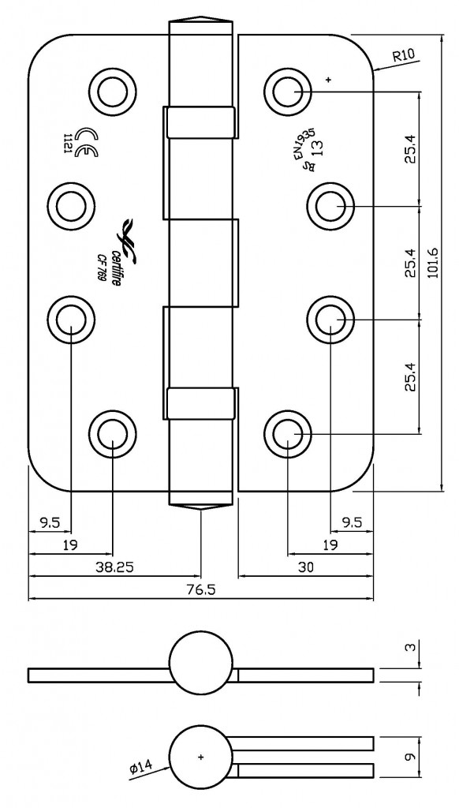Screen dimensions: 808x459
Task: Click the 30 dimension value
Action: pyautogui.click(x=306, y=567)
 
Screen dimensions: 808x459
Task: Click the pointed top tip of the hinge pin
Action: pyautogui.click(x=201, y=19)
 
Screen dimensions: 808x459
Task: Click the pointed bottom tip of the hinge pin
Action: pyautogui.click(x=201, y=511)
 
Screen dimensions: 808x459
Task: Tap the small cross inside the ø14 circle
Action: pyautogui.click(x=201, y=757)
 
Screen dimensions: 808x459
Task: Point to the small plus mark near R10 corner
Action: pyautogui.click(x=328, y=79)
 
